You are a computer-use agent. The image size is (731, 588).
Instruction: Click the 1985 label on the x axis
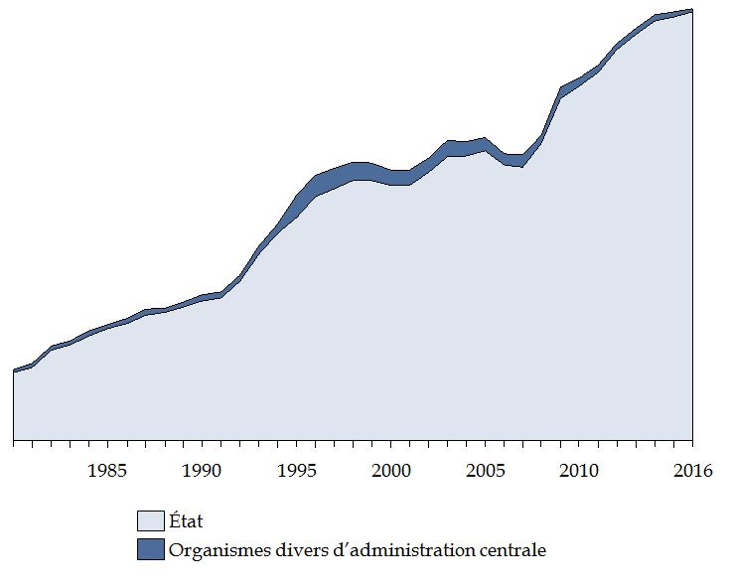click(107, 470)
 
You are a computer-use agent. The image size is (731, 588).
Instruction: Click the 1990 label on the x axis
click(202, 470)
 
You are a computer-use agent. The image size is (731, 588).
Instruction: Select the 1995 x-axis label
click(296, 470)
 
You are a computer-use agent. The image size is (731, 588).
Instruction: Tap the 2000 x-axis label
click(390, 470)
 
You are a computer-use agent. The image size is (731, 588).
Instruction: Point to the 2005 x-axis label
click(484, 470)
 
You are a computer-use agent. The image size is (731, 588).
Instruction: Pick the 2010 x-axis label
click(578, 470)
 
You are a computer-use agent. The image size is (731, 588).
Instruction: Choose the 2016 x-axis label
click(691, 470)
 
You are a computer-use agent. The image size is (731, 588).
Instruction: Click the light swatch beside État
click(150, 520)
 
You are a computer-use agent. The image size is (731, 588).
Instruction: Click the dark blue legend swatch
click(150, 549)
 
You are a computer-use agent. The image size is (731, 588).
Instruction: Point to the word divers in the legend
click(293, 549)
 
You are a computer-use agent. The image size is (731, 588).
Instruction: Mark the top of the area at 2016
click(691, 10)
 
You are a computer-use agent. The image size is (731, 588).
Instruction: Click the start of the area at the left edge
click(14, 371)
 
